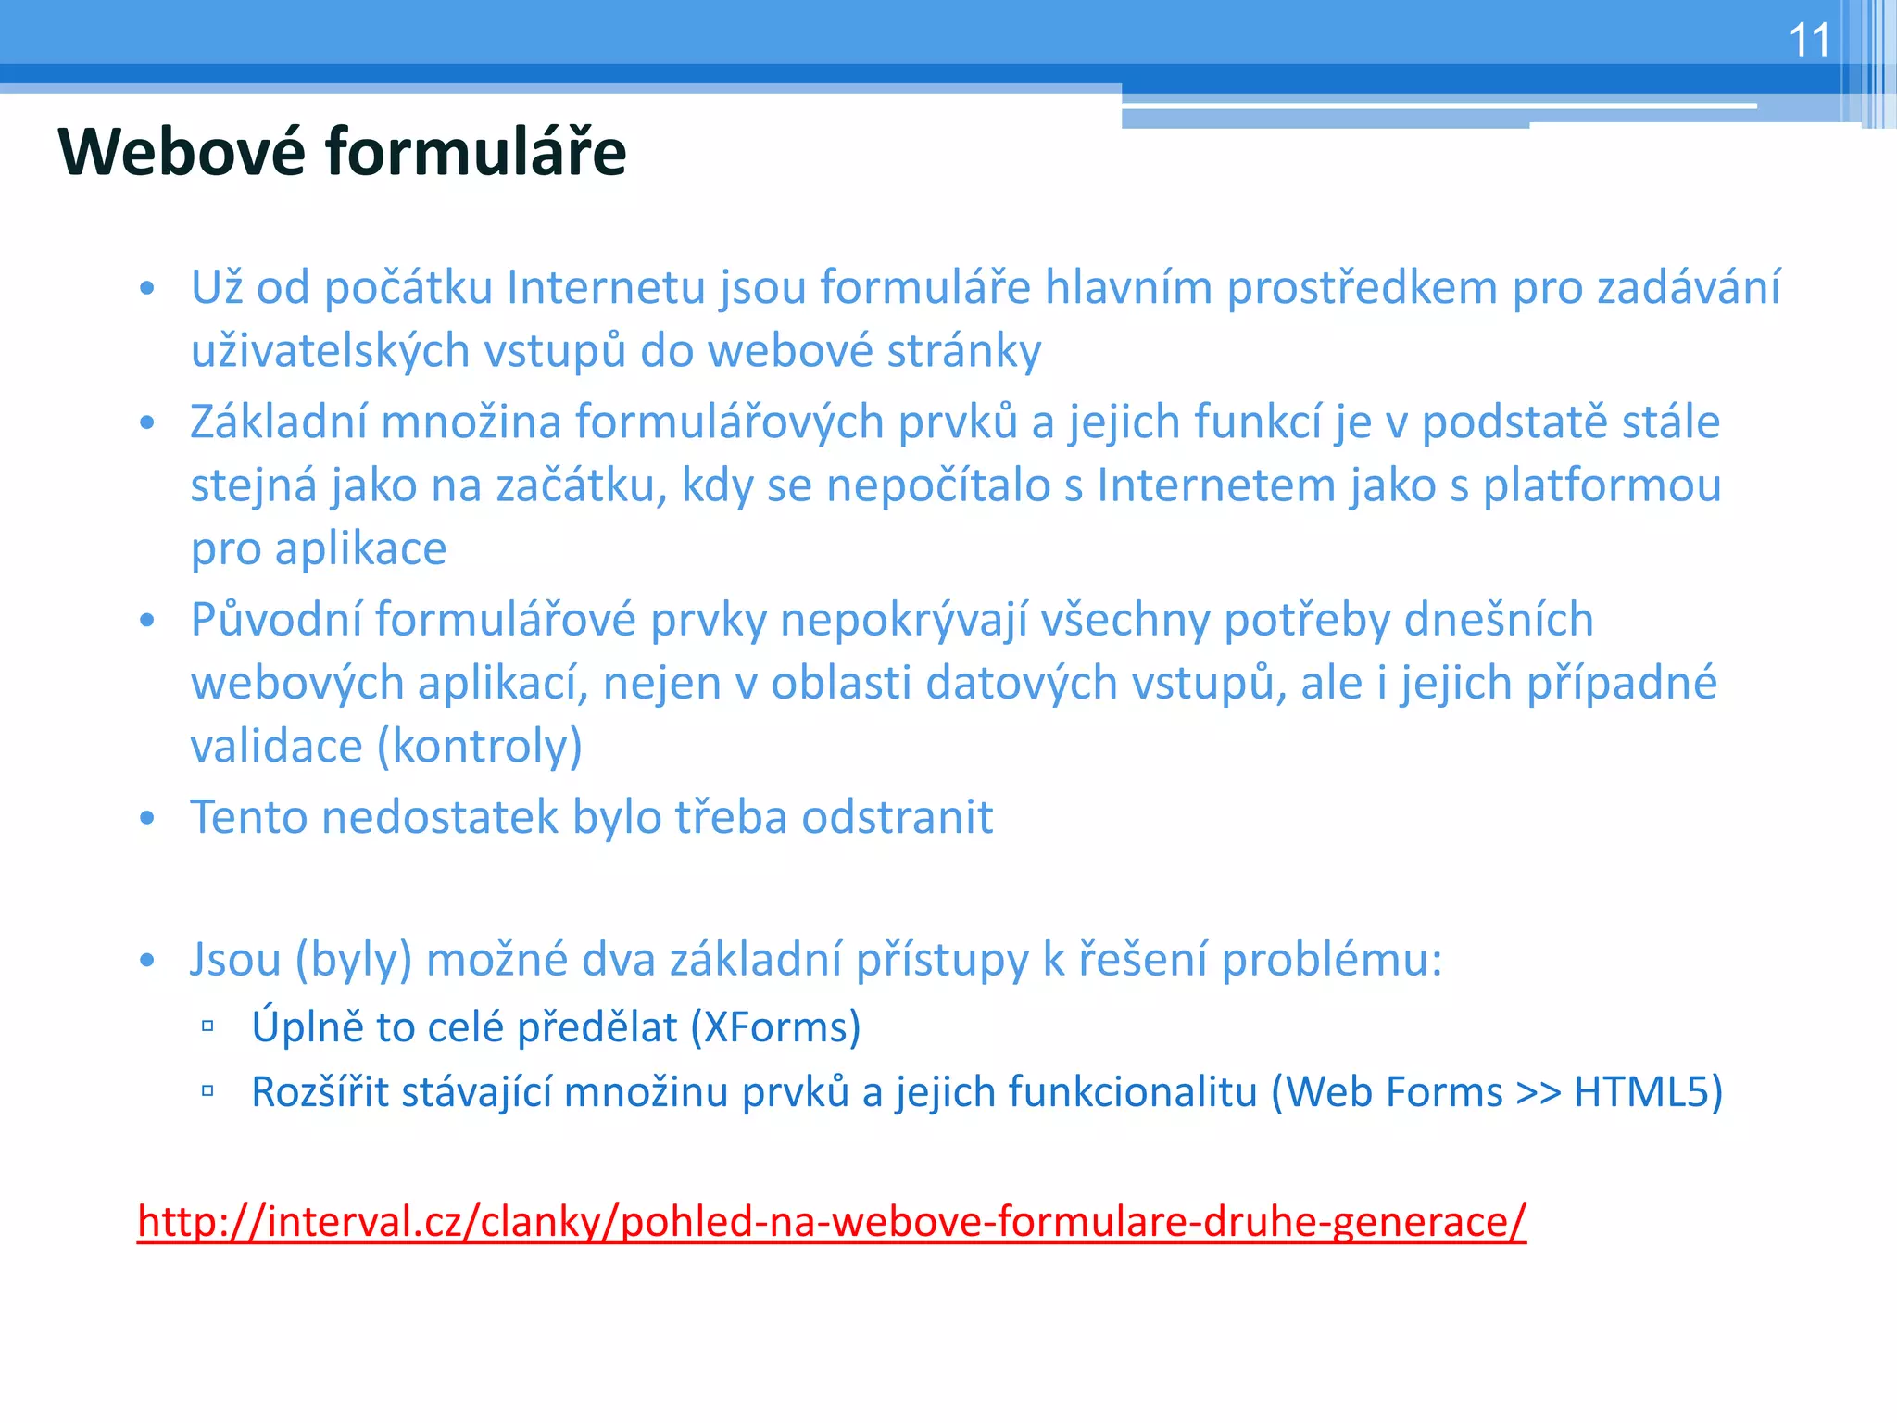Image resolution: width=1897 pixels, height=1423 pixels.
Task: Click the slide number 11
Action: coord(1808,41)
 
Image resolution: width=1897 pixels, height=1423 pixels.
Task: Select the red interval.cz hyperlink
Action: coord(831,1221)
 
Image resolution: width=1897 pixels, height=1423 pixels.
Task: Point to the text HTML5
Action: coord(1640,1091)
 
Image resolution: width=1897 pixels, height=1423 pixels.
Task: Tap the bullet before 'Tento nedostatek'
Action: coord(146,818)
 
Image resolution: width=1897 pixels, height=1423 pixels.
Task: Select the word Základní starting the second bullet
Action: coord(277,422)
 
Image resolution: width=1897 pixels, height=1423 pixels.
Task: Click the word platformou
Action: coord(1602,486)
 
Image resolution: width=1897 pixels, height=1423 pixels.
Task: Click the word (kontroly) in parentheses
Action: coord(480,747)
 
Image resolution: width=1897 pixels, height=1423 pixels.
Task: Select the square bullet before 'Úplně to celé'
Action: coord(207,1026)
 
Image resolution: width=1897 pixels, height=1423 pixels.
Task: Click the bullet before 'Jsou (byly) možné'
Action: coord(146,960)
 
